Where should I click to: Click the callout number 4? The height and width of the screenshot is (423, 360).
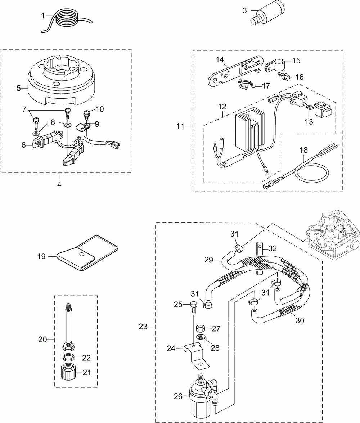click(x=59, y=185)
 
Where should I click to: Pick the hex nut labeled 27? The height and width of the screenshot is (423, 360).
click(x=200, y=329)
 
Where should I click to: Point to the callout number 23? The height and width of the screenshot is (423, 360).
click(x=143, y=327)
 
